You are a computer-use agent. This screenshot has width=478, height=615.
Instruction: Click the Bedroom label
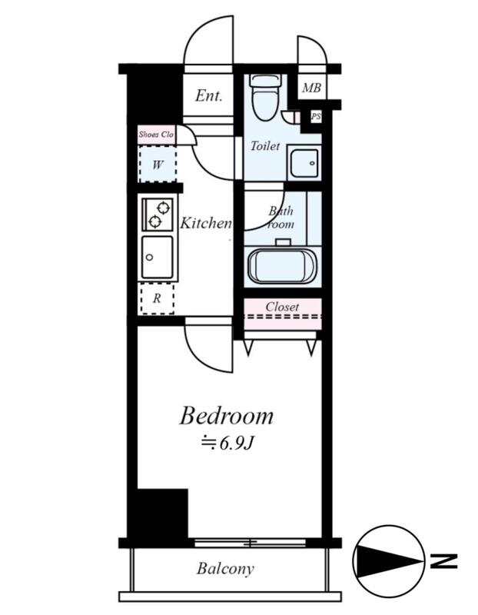[x=226, y=416]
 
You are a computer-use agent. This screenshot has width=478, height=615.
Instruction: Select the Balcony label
[x=225, y=568]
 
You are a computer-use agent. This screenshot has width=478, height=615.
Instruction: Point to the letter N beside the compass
[x=444, y=561]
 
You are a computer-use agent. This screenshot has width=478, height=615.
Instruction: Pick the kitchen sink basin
[x=158, y=258]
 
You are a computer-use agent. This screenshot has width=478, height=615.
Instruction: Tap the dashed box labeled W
[x=158, y=164]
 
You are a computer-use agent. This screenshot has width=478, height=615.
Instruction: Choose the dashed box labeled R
[x=158, y=298]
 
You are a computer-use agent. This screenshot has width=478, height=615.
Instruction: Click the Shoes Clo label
[x=156, y=134]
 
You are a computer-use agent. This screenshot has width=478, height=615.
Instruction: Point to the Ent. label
[x=209, y=95]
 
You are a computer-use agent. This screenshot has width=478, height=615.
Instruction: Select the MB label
[x=312, y=88]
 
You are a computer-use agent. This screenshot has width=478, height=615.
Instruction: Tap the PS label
[x=316, y=116]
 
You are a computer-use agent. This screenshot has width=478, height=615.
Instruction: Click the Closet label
[x=282, y=306]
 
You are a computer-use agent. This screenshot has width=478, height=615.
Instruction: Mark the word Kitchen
[x=206, y=223]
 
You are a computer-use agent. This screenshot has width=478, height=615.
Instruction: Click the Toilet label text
[x=265, y=146]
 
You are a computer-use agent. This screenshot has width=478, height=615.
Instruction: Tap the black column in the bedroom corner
[x=162, y=514]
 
